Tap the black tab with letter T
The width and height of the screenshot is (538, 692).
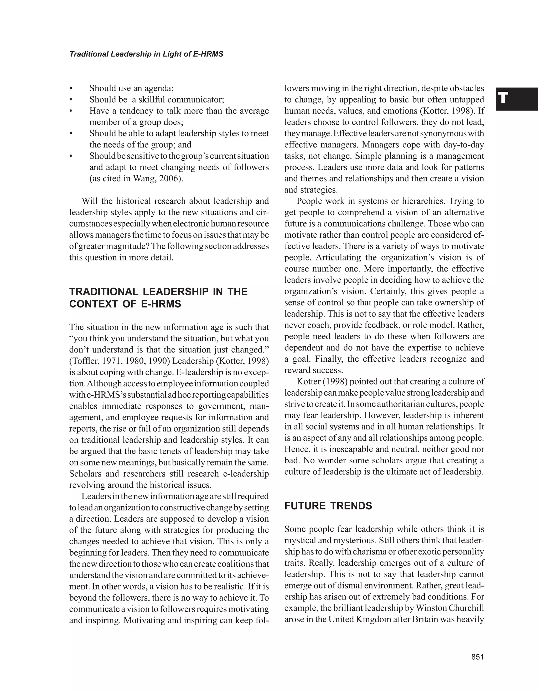pyautogui.click(x=516, y=99)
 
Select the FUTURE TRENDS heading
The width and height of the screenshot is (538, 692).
pyautogui.click(x=328, y=506)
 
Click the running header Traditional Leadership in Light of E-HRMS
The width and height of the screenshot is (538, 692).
pyautogui.click(x=146, y=54)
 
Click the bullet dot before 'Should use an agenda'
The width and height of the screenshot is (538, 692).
pyautogui.click(x=71, y=88)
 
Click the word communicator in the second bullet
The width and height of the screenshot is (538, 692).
pyautogui.click(x=195, y=100)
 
